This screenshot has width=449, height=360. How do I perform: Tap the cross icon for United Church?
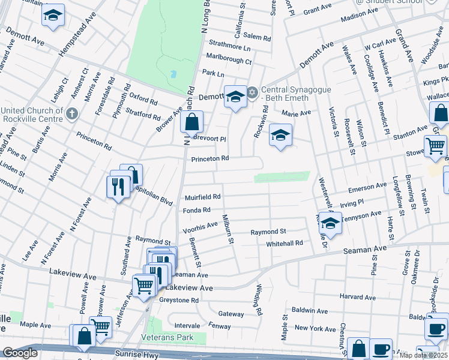click(x=71, y=113)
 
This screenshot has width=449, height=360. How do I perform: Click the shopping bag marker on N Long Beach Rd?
click(x=191, y=123)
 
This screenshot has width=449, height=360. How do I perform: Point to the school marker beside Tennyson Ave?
click(x=328, y=223)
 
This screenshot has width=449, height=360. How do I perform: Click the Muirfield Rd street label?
click(x=203, y=197)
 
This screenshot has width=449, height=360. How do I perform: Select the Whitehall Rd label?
click(x=285, y=243)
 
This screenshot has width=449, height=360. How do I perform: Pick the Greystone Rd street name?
click(x=178, y=300)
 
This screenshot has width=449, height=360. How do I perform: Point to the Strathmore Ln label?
click(x=230, y=46)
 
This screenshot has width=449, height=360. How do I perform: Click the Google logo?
click(x=20, y=353)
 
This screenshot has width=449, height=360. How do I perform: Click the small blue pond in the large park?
click(x=173, y=74)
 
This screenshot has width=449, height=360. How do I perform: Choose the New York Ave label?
click(x=315, y=328)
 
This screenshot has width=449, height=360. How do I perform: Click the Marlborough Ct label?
click(x=229, y=61)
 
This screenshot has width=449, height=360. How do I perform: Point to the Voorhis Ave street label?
click(x=200, y=224)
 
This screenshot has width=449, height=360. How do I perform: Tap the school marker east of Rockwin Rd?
click(x=280, y=136)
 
